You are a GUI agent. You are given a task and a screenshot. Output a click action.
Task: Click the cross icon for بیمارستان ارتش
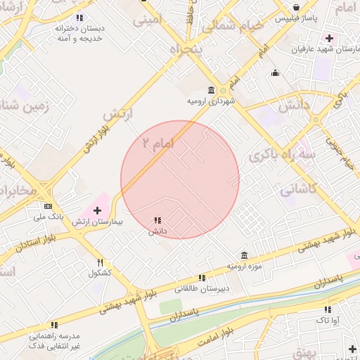(x=97, y=210)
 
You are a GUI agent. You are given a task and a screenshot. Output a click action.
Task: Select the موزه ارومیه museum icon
(x=243, y=255)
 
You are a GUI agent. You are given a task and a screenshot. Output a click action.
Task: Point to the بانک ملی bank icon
(x=48, y=206)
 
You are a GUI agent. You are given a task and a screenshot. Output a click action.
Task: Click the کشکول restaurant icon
(x=100, y=262)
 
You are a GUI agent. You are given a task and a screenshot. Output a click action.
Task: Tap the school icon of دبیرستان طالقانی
(x=202, y=278)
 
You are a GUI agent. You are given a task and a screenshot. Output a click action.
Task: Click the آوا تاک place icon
(x=328, y=309)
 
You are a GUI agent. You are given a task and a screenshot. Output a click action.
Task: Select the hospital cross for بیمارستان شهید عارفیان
(x=328, y=37)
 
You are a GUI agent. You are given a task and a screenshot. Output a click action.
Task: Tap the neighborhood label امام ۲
(x=157, y=143)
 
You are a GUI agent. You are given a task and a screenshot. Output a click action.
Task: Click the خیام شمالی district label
(x=234, y=26)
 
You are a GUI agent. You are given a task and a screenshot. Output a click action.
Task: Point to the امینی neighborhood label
(x=147, y=19)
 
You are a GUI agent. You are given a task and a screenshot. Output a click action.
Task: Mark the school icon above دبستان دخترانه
(x=79, y=18)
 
